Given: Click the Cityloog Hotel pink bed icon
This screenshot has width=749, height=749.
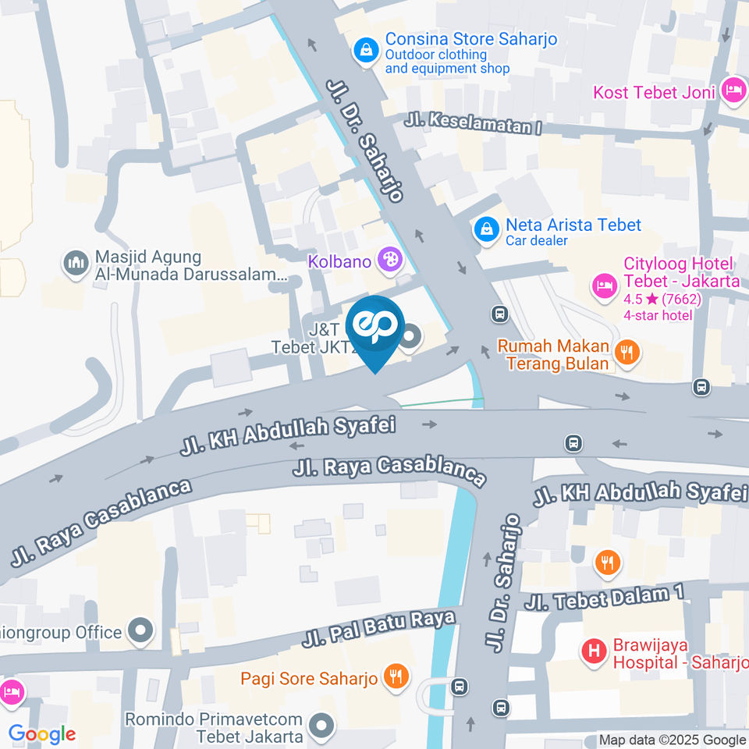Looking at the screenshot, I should coord(604,285).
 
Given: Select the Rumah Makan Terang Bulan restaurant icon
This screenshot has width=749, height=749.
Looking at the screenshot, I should coord(626,352).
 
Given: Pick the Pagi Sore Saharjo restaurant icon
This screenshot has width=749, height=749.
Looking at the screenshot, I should coord(396,676).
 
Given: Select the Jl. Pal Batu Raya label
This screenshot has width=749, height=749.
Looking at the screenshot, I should coord(378,630).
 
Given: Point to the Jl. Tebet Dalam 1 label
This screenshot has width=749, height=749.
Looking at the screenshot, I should coord(604,598).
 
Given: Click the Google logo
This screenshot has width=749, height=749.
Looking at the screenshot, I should coord(42,734).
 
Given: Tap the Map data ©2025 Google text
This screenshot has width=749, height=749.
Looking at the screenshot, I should coord(672,740).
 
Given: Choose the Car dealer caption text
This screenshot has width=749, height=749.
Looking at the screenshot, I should coord(538,240).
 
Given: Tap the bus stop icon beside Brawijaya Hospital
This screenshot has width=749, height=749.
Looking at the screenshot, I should coord(502,708).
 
